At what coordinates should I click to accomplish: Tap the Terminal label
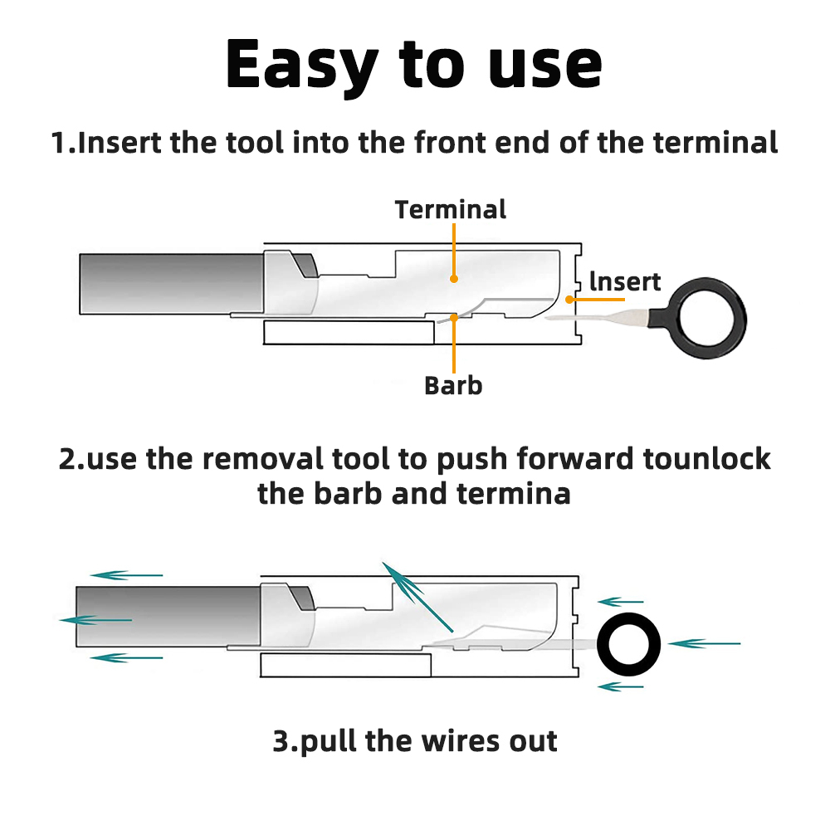coord(450,209)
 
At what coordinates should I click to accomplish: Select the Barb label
coord(452,385)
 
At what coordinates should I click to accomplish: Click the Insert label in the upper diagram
coord(624,282)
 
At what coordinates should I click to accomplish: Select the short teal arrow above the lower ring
coord(621,601)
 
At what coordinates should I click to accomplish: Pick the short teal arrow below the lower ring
coord(621,686)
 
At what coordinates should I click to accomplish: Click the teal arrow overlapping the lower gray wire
coord(96,620)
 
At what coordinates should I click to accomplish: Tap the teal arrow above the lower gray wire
coord(126,574)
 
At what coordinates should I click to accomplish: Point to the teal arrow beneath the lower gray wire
coord(126,657)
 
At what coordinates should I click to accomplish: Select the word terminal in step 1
coord(715,143)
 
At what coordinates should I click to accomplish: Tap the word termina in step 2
coord(514,494)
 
